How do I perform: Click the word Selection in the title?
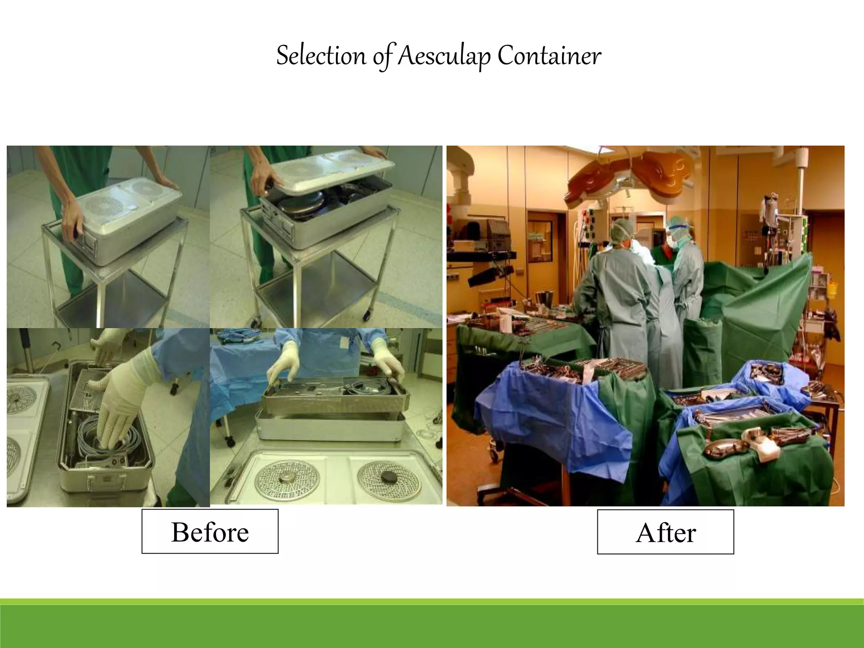point(321,56)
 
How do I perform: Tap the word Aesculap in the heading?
point(443,57)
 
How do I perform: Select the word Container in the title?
point(549,56)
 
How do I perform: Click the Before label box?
point(210,532)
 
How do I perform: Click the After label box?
point(665,532)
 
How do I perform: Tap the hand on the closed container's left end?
point(72,219)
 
